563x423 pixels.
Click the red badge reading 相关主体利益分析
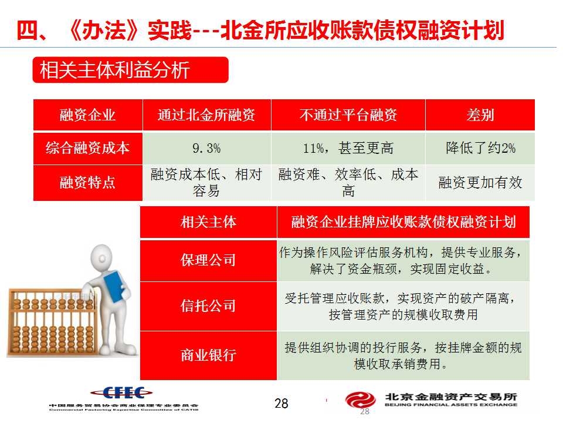click(x=130, y=70)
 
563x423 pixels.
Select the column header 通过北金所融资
click(x=206, y=115)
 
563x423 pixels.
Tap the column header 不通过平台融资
click(x=348, y=115)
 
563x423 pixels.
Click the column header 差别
click(x=480, y=115)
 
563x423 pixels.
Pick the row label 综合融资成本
click(x=87, y=148)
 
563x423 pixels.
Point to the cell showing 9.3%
click(x=206, y=148)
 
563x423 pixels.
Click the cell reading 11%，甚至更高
click(x=348, y=148)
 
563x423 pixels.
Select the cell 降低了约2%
click(x=480, y=148)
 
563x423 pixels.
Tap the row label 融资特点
click(x=87, y=183)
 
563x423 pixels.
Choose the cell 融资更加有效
click(x=480, y=183)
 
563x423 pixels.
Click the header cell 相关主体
click(x=208, y=222)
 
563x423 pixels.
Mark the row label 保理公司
click(x=208, y=260)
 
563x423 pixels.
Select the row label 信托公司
click(x=208, y=306)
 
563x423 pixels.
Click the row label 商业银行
click(x=208, y=355)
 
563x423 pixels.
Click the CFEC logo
click(x=121, y=393)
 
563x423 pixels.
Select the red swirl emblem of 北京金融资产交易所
click(x=361, y=400)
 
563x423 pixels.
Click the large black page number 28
click(x=281, y=403)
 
